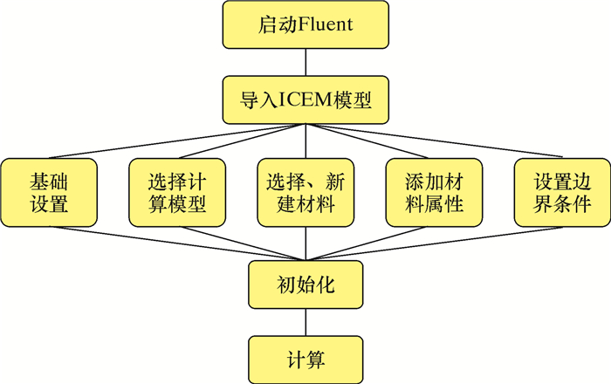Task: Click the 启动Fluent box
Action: click(x=305, y=24)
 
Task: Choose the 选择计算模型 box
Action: click(x=176, y=193)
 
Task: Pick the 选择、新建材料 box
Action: click(x=305, y=193)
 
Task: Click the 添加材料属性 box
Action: click(x=433, y=193)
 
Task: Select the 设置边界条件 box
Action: click(x=561, y=193)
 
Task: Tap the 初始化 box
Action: click(x=305, y=285)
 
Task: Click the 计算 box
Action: click(x=305, y=359)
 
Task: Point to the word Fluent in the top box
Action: click(x=326, y=24)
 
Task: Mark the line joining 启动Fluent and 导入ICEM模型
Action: click(x=305, y=61)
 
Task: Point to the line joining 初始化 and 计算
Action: click(x=305, y=321)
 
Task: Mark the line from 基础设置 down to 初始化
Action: click(x=157, y=244)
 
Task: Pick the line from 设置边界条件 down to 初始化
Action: click(x=454, y=244)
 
